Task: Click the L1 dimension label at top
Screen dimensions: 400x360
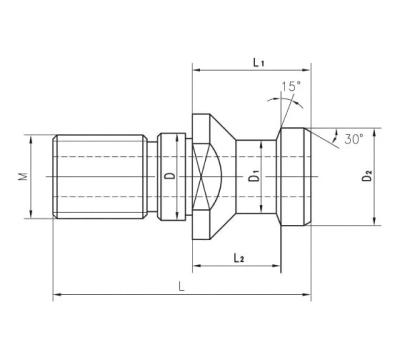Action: point(258,62)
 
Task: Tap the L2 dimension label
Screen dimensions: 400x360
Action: point(238,257)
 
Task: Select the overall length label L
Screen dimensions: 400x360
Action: point(181,286)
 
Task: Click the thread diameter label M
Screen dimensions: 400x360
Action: point(23,176)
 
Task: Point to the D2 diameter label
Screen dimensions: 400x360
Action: point(367,176)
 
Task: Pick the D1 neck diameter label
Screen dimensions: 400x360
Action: point(255,176)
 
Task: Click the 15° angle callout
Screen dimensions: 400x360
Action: point(290,86)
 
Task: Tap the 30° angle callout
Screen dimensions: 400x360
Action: point(353,139)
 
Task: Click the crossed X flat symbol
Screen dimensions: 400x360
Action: point(202,176)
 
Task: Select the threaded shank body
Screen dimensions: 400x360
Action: point(100,176)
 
